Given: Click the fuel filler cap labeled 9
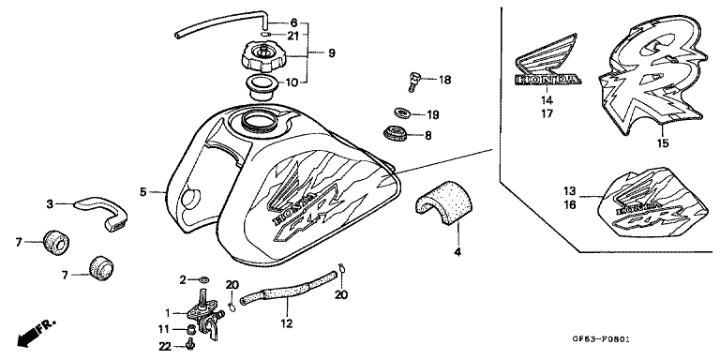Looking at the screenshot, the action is tap(262, 56).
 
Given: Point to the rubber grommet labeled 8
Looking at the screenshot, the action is tap(395, 133).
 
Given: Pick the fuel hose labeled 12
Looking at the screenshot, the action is tap(289, 290).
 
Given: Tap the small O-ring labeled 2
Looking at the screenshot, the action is tap(204, 279).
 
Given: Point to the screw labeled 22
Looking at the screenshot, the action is tap(191, 343).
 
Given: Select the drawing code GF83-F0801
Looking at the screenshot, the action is tap(600, 339).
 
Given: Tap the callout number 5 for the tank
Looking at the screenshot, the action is tap(143, 191).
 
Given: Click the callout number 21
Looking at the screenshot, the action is tap(293, 36).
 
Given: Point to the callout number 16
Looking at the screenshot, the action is tap(569, 204).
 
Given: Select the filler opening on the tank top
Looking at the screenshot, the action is tap(260, 121).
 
